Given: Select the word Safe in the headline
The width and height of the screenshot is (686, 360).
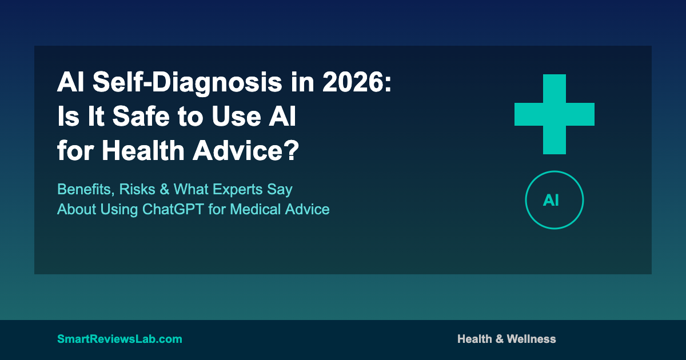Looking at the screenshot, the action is pyautogui.click(x=141, y=116).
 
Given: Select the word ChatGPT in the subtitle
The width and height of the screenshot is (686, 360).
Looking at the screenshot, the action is pyautogui.click(x=173, y=209).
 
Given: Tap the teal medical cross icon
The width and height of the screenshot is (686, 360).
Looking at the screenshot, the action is pyautogui.click(x=555, y=114).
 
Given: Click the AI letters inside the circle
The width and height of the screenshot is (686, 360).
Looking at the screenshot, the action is pyautogui.click(x=551, y=201).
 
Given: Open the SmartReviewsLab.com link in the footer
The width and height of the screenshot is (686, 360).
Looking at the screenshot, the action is pyautogui.click(x=119, y=339).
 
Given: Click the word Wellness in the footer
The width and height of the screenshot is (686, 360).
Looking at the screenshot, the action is pyautogui.click(x=531, y=339).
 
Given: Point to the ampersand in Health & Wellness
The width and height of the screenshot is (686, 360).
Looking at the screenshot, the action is pyautogui.click(x=499, y=339).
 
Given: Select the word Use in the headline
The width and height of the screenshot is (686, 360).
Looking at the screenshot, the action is pyautogui.click(x=236, y=116).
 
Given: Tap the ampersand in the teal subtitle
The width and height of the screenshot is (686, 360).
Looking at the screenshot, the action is pyautogui.click(x=165, y=189).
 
